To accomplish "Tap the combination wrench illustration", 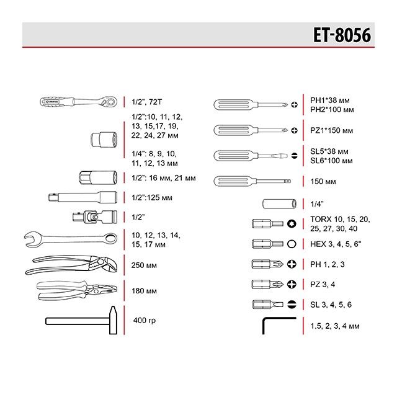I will point(69,239).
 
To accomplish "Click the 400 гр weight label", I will point(146,321).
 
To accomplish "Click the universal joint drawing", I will point(92,217).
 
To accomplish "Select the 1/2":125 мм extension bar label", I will point(153,198).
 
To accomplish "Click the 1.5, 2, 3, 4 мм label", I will point(335,325).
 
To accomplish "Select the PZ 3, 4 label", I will point(324,284).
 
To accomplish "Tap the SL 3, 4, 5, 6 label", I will point(331,305).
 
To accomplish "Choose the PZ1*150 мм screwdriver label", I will point(332,130).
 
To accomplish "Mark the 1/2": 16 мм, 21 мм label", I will point(164,178).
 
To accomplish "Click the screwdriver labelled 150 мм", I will point(251,181).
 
